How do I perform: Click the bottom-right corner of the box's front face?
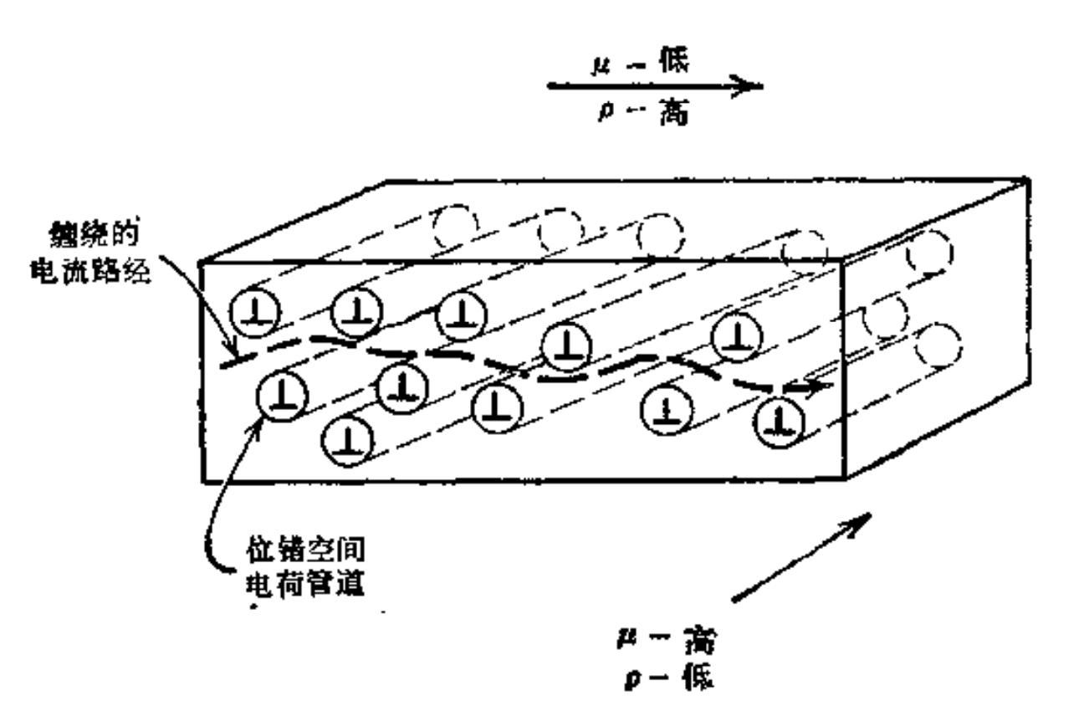coord(846,479)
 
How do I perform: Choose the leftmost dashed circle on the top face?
coord(454,223)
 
